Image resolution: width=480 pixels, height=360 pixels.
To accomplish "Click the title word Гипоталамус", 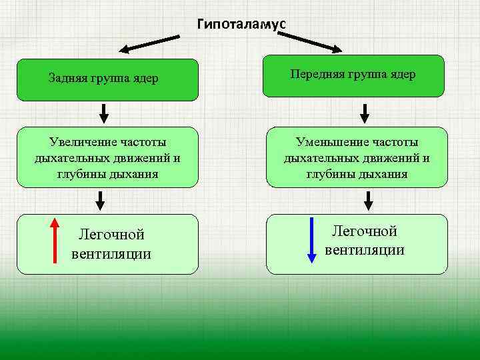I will coord(241,24).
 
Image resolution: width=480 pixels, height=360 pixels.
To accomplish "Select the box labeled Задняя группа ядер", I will coord(107,79).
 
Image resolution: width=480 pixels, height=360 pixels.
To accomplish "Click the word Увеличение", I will coord(83,142).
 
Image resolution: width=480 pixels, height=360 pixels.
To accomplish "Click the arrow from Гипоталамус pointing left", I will coord(150,43).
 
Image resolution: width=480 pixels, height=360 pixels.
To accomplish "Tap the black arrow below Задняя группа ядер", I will coord(104,113).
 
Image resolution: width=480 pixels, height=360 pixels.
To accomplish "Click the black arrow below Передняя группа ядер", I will coord(365,113).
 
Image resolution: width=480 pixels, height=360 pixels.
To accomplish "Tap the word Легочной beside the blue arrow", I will coord(365,231).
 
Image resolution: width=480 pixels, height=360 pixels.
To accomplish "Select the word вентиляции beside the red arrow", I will coord(111,254).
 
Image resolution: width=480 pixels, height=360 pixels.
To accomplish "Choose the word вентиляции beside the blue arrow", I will coord(365,250).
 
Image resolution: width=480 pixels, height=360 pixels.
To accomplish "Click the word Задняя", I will coord(65,79).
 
